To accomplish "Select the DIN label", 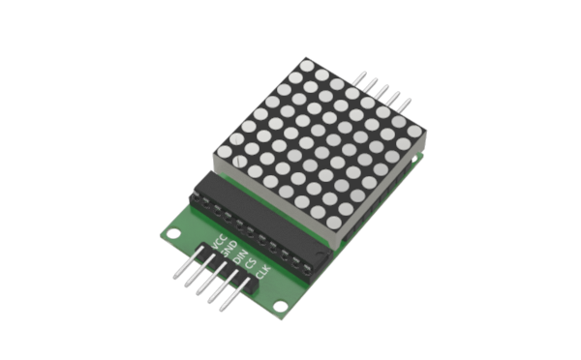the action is point(241,256).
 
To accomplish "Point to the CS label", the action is point(251,264).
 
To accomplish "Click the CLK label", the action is point(263,272).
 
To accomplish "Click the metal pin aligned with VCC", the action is point(189,262).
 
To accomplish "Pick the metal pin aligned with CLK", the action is point(235,294).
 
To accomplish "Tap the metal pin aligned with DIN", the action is point(212,278).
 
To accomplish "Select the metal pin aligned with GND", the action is point(200,270).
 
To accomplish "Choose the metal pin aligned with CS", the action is point(224,286).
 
